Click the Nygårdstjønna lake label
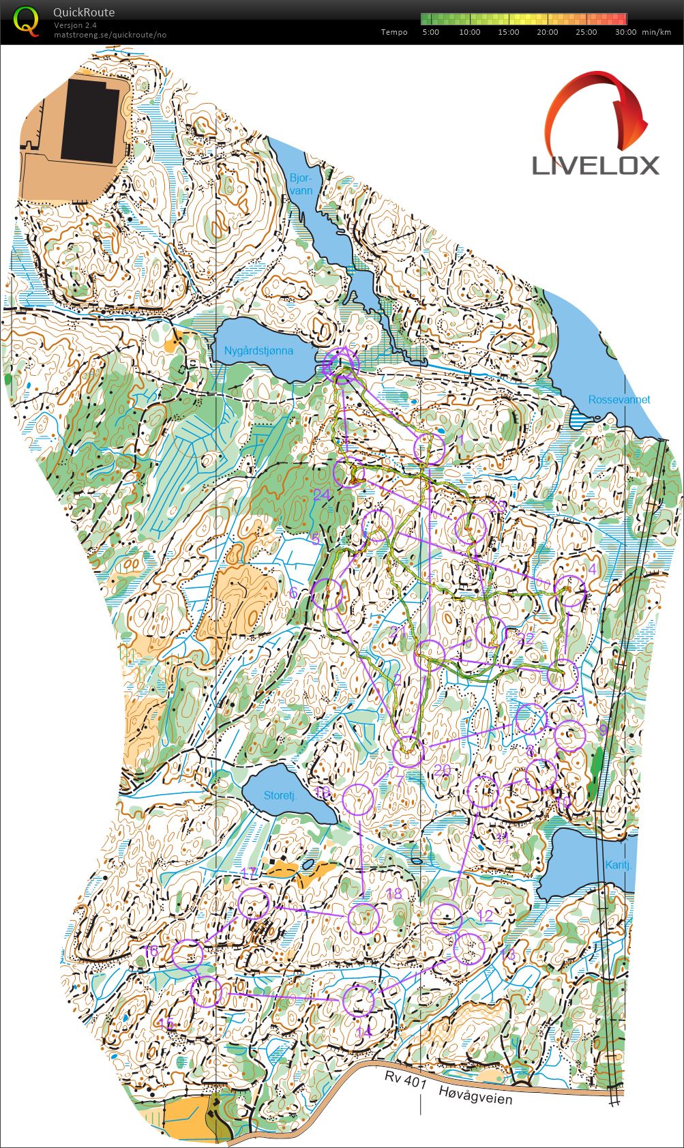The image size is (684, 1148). [x=258, y=351]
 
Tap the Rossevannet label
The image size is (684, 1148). [x=619, y=400]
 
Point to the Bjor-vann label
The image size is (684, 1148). [x=301, y=184]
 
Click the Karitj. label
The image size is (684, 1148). [x=619, y=865]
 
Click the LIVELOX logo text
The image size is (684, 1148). [x=595, y=165]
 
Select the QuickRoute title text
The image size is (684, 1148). [x=84, y=12]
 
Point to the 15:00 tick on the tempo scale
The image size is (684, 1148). [x=509, y=32]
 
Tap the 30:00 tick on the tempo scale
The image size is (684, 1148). [x=625, y=32]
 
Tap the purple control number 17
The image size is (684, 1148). [x=250, y=873]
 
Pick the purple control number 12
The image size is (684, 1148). [x=485, y=916]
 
